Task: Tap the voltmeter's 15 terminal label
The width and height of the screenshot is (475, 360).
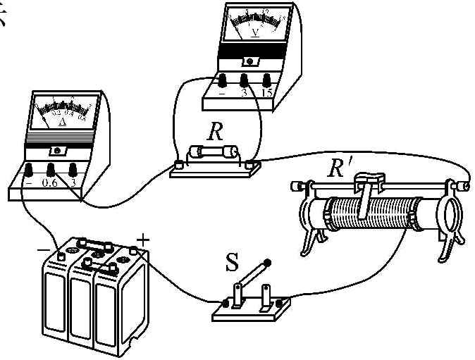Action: [267, 94]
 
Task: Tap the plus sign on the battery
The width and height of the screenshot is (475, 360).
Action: [143, 240]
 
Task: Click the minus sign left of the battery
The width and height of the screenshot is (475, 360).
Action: [43, 249]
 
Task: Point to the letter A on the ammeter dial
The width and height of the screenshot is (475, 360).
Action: [62, 122]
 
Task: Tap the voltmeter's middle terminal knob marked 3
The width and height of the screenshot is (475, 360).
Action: [245, 80]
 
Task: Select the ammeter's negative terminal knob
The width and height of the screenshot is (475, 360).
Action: [30, 170]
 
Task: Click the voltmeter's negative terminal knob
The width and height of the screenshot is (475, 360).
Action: [223, 80]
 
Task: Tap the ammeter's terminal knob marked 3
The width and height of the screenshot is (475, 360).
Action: [73, 169]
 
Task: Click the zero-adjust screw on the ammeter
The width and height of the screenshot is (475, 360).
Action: [56, 151]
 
